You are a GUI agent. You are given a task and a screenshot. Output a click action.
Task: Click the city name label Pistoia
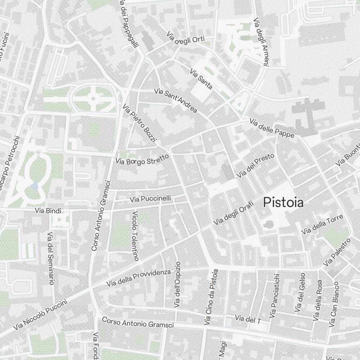pos(283,202)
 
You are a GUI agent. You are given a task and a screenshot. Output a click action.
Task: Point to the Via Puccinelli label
pos(150,199)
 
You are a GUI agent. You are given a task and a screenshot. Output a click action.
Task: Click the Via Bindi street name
pos(48,210)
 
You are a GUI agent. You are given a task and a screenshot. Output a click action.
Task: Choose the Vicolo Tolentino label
pos(135,235)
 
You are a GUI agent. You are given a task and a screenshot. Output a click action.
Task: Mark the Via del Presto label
pos(256,166)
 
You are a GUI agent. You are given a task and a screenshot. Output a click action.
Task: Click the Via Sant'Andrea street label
pos(175,100)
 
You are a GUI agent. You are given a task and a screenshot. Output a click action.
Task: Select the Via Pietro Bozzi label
pos(139,123)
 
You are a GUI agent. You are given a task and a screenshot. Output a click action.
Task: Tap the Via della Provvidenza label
pos(138,278)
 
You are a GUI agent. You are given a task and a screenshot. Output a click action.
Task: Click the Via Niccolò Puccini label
pos(40,316)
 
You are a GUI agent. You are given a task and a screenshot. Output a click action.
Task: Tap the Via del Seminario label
pos(50,258)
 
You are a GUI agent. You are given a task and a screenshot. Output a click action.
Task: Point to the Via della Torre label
pos(322,225)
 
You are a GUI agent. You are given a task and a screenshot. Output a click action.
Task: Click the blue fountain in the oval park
pos(35,186)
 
